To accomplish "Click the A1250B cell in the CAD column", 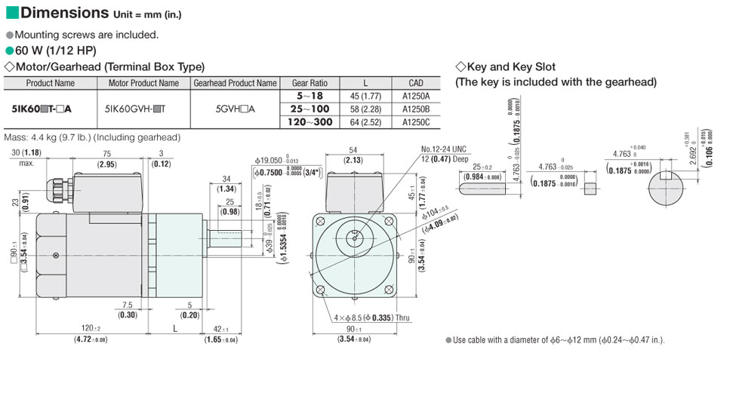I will [415, 109].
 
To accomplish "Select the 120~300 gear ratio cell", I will [310, 121].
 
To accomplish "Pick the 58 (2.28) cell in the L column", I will [365, 109].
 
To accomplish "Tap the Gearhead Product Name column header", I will [234, 83].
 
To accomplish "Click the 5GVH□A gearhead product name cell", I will [234, 109].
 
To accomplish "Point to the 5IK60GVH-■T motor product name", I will [143, 109].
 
